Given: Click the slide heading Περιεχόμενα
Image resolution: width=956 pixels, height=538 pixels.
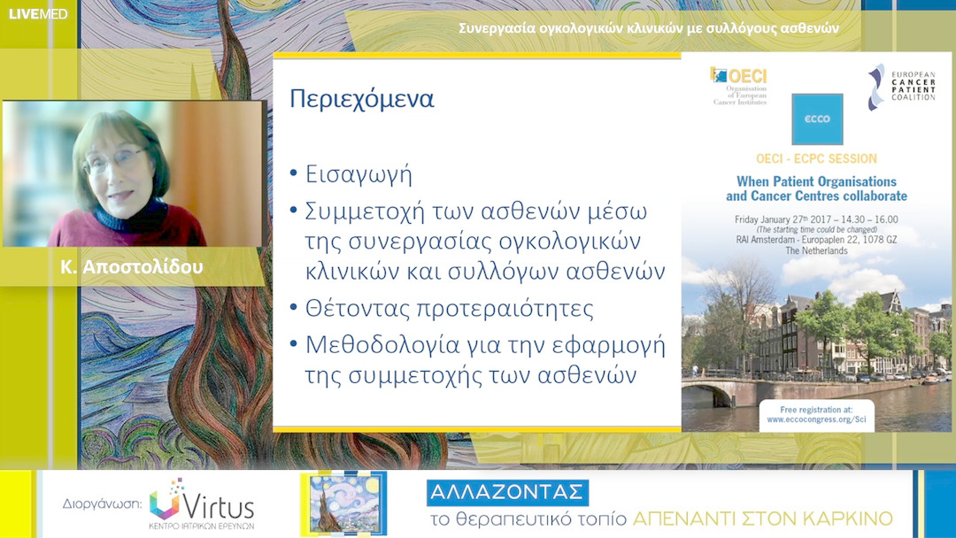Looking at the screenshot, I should tap(361, 99).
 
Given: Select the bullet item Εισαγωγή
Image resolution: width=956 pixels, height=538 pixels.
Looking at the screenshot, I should tap(358, 173).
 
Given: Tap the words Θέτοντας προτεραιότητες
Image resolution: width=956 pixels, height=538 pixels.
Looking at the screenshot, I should tap(449, 309).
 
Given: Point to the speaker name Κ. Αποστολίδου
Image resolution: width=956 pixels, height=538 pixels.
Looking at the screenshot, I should tap(132, 265).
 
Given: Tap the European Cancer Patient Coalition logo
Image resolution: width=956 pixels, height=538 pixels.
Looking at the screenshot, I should tap(900, 87).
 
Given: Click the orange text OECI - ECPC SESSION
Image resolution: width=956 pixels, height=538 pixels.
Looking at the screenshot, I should tap(816, 159).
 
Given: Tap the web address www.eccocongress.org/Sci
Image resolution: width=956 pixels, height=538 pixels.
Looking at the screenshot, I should tap(816, 419).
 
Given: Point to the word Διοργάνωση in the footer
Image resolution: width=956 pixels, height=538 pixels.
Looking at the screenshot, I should tap(102, 504).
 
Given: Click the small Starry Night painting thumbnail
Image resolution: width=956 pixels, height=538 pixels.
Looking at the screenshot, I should tap(343, 503).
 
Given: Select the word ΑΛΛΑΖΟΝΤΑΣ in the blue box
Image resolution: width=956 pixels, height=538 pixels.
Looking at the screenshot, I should tap(507, 493).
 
